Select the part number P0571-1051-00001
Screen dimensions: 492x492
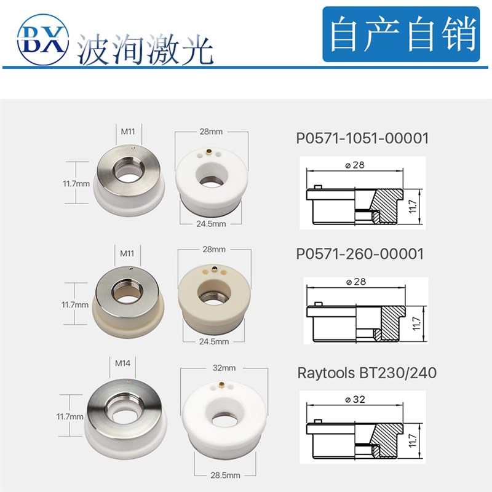pyautogui.click(x=363, y=138)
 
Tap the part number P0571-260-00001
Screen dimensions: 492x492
pyautogui.click(x=360, y=253)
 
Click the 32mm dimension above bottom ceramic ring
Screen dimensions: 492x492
pyautogui.click(x=224, y=368)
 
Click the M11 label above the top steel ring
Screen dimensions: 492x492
pyautogui.click(x=128, y=130)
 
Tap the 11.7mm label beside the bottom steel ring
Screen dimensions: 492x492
pyautogui.click(x=69, y=416)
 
